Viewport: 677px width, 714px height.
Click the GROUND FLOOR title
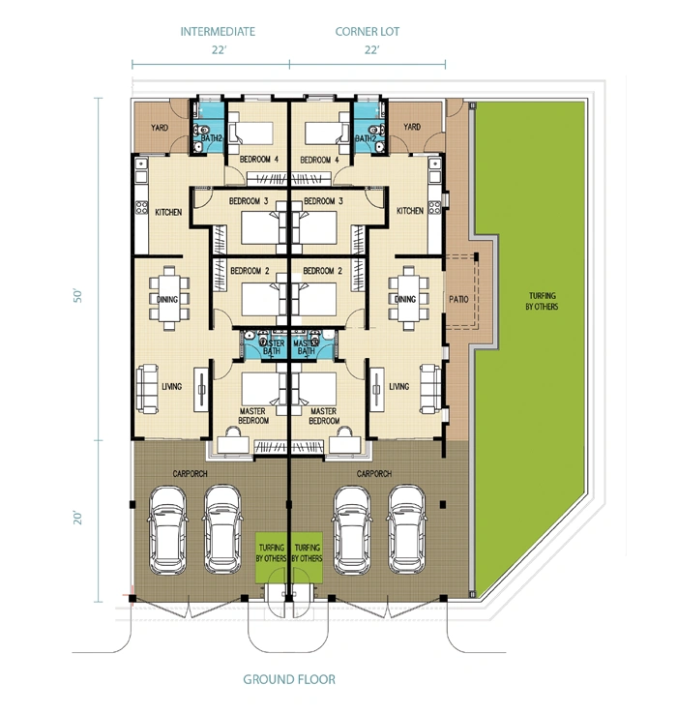click(289, 679)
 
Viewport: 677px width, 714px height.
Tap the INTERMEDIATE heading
click(218, 31)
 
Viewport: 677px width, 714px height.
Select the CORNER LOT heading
click(368, 31)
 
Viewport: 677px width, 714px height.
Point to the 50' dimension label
click(77, 295)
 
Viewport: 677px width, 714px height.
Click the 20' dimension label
click(77, 518)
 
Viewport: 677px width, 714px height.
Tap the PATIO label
click(458, 299)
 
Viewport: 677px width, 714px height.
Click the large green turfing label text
click(542, 301)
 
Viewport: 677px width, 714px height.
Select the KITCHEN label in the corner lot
click(410, 211)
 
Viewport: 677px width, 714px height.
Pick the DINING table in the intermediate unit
click(169, 298)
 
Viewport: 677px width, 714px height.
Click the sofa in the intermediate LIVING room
click(147, 388)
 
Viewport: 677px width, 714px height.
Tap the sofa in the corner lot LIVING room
click(430, 388)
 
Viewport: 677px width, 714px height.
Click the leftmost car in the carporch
click(168, 530)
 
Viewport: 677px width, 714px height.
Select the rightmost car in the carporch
click(406, 530)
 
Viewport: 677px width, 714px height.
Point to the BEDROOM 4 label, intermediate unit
click(258, 160)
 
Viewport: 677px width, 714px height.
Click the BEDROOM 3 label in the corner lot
click(323, 201)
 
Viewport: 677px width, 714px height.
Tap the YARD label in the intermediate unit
click(160, 128)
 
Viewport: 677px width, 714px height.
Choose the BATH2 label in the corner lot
click(366, 138)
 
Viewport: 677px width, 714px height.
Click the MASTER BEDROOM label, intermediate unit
click(253, 416)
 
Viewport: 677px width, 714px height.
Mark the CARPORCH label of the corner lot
click(373, 473)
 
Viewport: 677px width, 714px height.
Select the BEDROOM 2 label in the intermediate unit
click(250, 271)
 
